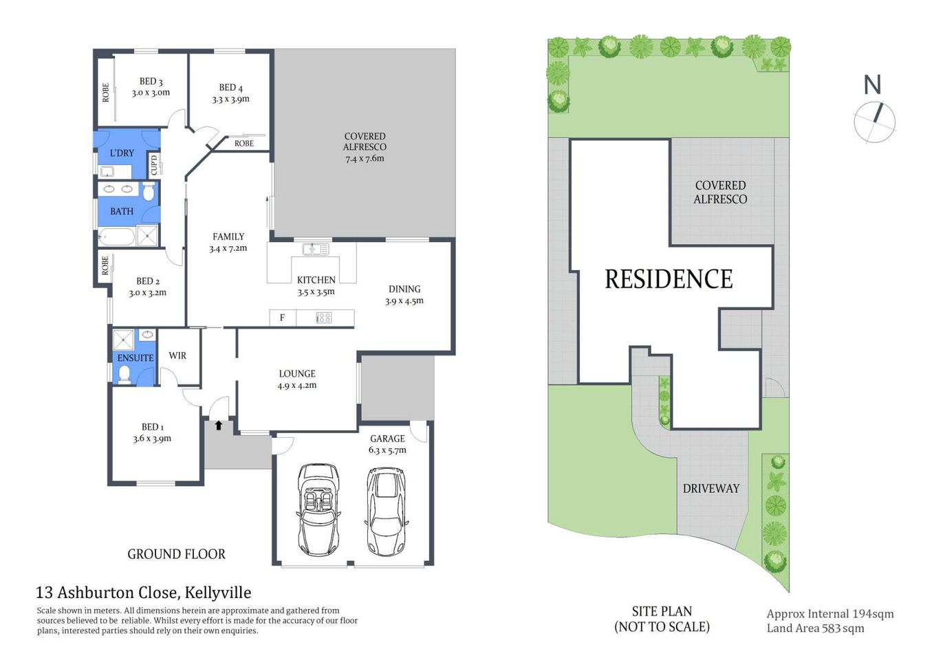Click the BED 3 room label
click(151, 81)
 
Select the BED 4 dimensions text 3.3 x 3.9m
click(230, 99)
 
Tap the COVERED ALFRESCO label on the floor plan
click(365, 142)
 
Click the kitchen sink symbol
click(316, 249)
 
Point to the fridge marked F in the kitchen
click(282, 318)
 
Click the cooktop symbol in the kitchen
click(324, 318)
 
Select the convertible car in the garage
click(318, 509)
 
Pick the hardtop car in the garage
click(385, 511)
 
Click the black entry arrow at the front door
click(219, 426)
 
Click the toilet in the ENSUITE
click(124, 374)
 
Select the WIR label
click(177, 355)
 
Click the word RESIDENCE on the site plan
click(669, 279)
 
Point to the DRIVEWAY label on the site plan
click(710, 488)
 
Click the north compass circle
click(874, 122)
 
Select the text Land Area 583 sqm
click(815, 628)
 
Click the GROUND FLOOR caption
click(176, 554)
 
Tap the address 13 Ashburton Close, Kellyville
click(143, 593)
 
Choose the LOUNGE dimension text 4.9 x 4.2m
click(297, 386)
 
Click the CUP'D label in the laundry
click(154, 164)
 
